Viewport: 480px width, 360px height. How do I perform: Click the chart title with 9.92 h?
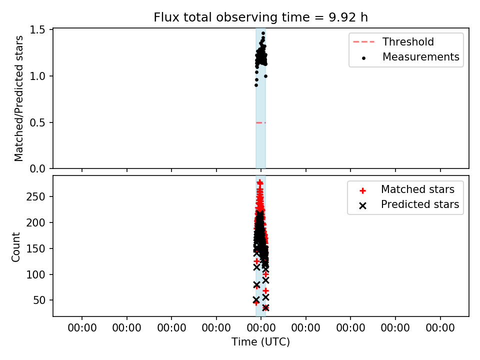click(x=260, y=17)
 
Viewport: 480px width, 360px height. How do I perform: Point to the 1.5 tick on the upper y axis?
click(x=37, y=29)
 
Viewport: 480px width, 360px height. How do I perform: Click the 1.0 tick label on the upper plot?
click(x=37, y=76)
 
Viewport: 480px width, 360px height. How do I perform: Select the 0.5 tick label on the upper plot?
click(x=37, y=123)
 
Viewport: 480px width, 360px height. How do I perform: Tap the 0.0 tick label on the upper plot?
click(x=37, y=168)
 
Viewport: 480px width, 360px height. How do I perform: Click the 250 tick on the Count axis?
click(x=35, y=196)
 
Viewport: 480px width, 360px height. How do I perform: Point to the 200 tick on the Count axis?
click(x=35, y=222)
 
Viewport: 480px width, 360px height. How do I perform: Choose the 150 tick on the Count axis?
click(x=35, y=248)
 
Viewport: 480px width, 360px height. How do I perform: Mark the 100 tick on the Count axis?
click(x=35, y=274)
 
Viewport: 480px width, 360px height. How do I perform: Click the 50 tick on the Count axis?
click(x=39, y=300)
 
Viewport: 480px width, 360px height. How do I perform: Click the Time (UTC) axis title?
click(x=260, y=342)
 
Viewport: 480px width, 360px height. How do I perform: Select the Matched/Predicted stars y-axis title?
click(x=18, y=98)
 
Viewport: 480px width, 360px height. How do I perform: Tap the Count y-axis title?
click(x=16, y=246)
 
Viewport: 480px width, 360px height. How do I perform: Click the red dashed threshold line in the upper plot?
click(x=261, y=123)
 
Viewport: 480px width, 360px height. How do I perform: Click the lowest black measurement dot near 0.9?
click(x=256, y=85)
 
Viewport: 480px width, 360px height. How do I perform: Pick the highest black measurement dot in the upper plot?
click(x=263, y=33)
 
